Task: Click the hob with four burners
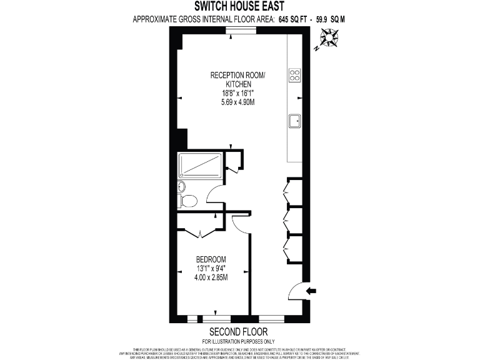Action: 295,76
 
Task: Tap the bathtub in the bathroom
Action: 200,165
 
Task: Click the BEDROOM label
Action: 211,259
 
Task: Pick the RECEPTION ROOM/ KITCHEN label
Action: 237,79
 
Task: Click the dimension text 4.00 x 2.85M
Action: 211,277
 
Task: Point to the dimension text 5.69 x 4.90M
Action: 237,102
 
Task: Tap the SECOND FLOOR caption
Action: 238,331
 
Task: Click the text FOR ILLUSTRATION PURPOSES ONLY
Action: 238,341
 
